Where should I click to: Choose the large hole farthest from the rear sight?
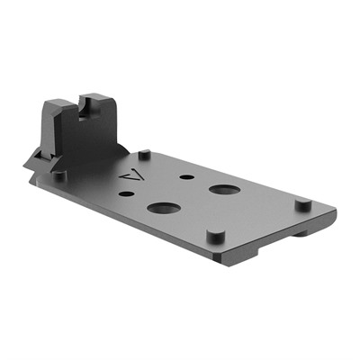pyautogui.click(x=222, y=190)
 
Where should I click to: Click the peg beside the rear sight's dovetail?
pyautogui.click(x=59, y=176)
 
